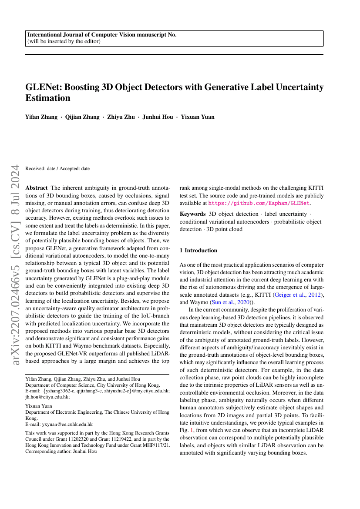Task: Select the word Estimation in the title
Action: tap(48, 98)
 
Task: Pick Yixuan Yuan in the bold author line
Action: tap(199, 117)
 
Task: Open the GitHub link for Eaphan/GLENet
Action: tap(259, 203)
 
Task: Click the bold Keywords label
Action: tap(192, 214)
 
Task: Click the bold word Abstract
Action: tap(37, 188)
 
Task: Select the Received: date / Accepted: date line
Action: tap(58, 168)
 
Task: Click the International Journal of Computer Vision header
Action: tap(102, 35)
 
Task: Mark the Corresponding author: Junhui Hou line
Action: tap(61, 451)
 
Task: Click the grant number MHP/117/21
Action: tap(155, 445)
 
